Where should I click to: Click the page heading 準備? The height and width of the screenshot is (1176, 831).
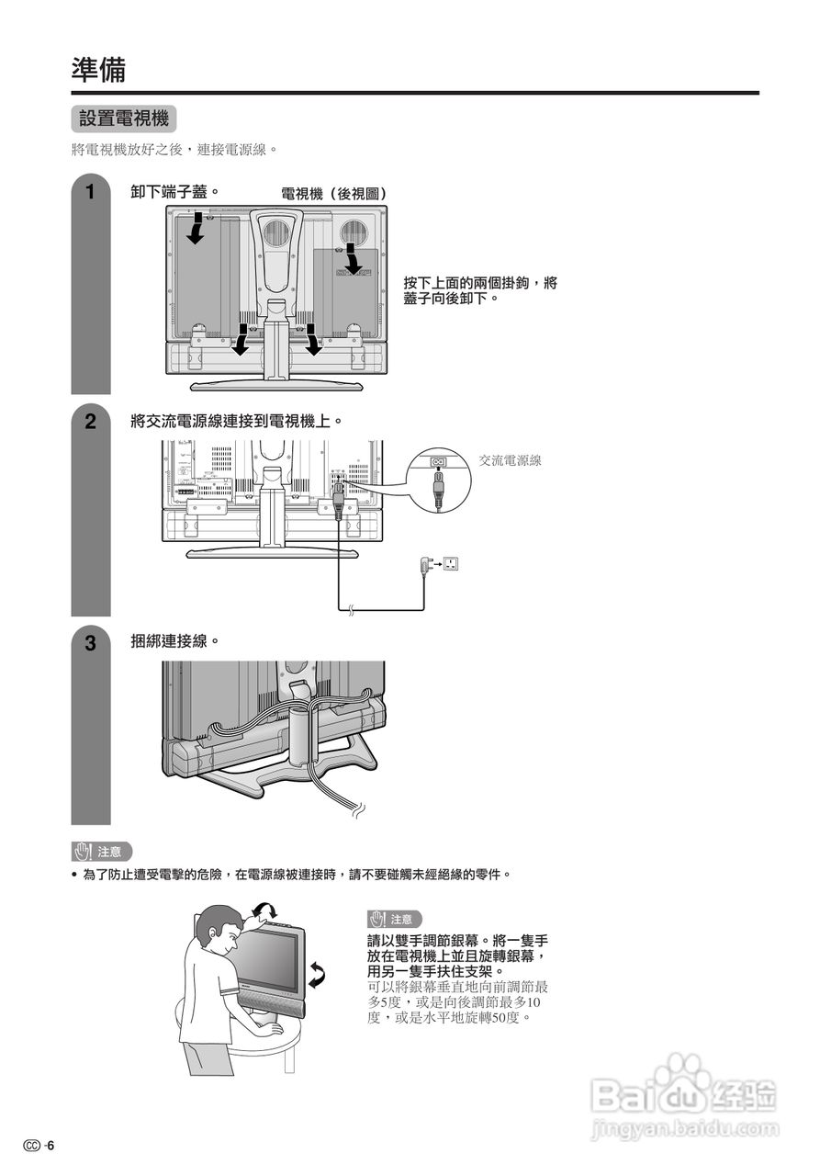[98, 69]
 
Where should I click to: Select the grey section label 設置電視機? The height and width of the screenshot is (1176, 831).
[123, 119]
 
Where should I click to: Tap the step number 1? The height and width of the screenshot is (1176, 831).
[90, 193]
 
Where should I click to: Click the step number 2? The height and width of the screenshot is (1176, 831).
[90, 422]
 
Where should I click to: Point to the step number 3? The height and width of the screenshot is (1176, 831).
[90, 643]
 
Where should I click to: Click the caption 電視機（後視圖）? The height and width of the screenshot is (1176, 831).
[333, 194]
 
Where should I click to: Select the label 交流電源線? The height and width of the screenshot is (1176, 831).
[510, 460]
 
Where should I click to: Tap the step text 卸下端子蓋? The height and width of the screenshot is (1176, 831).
[174, 192]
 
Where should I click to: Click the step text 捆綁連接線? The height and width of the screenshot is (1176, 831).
[174, 641]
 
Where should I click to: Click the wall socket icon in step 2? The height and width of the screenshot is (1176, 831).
[450, 563]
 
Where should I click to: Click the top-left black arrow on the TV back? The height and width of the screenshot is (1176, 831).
[196, 230]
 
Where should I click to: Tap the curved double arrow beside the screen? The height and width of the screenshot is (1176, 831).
[318, 975]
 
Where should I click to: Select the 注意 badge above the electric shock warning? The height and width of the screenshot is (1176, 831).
[102, 852]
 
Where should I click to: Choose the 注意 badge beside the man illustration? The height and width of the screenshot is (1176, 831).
[395, 919]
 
